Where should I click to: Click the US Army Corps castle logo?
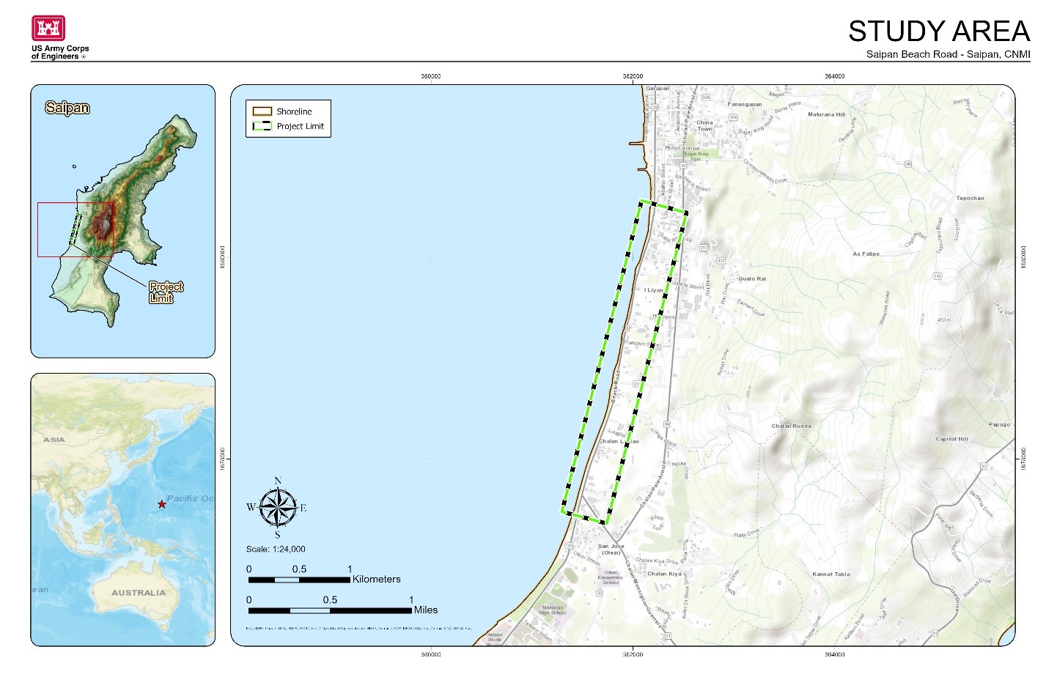pyautogui.click(x=48, y=28)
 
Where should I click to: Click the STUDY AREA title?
pyautogui.click(x=938, y=31)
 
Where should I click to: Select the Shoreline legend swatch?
pyautogui.click(x=262, y=111)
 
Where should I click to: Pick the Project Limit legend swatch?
pyautogui.click(x=262, y=126)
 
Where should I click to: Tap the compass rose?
pyautogui.click(x=278, y=508)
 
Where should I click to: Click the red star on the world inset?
pyautogui.click(x=161, y=504)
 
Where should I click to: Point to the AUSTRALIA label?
pyautogui.click(x=139, y=592)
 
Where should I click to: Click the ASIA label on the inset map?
pyautogui.click(x=54, y=440)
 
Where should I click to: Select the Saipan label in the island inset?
pyautogui.click(x=67, y=108)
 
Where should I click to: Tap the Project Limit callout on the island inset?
pyautogui.click(x=166, y=292)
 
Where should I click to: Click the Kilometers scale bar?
pyautogui.click(x=299, y=580)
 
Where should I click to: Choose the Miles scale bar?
pyautogui.click(x=330, y=610)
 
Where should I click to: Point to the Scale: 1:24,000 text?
pyautogui.click(x=276, y=549)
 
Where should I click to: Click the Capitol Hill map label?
pyautogui.click(x=951, y=439)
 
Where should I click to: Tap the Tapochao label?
pyautogui.click(x=970, y=198)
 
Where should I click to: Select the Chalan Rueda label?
pyautogui.click(x=791, y=426)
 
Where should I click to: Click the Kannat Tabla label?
pyautogui.click(x=830, y=574)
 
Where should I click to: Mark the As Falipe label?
pyautogui.click(x=866, y=254)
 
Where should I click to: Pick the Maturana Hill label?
pyautogui.click(x=826, y=114)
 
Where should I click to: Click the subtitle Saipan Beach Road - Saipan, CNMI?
pyautogui.click(x=948, y=54)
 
